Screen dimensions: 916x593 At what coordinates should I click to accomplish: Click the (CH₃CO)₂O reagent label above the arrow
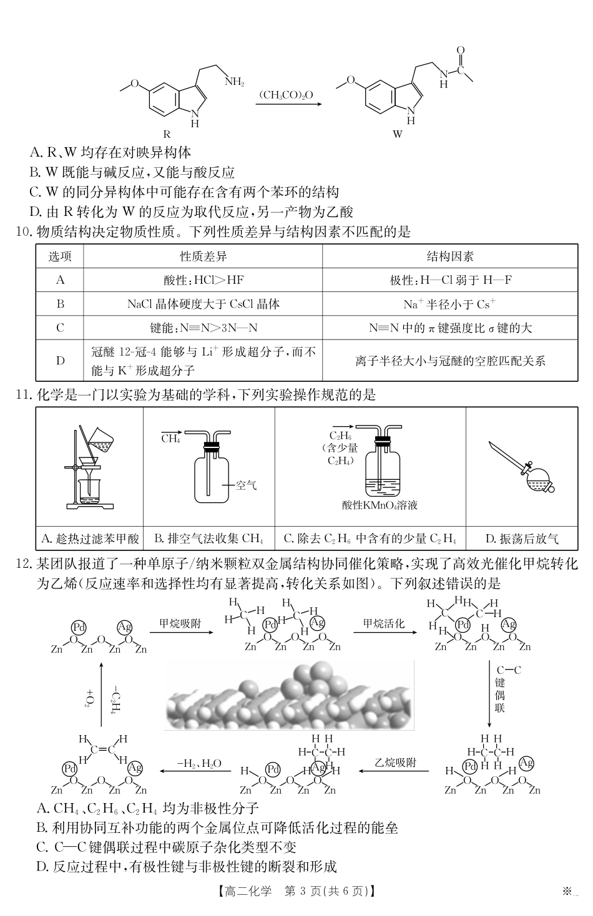(x=286, y=95)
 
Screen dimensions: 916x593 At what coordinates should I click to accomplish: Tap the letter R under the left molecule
(x=167, y=134)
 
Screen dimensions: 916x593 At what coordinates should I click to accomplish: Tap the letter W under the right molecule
(x=398, y=134)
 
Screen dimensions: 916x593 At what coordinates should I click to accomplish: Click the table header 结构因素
(x=450, y=256)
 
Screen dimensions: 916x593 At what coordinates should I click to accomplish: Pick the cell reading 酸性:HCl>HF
(x=203, y=280)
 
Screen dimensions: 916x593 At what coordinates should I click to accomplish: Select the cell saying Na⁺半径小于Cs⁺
(x=450, y=304)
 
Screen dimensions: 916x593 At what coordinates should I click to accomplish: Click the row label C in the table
(x=61, y=328)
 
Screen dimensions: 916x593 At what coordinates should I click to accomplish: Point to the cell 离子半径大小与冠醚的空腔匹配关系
(x=450, y=361)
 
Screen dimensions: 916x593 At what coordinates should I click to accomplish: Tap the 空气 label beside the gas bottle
(x=246, y=485)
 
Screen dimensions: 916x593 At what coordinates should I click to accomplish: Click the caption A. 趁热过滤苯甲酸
(x=90, y=538)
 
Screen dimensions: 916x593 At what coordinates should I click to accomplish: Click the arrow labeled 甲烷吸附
(x=180, y=632)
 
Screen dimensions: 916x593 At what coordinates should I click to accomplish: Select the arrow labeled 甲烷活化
(x=385, y=632)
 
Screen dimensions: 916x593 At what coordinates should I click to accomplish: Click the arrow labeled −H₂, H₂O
(x=198, y=771)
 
